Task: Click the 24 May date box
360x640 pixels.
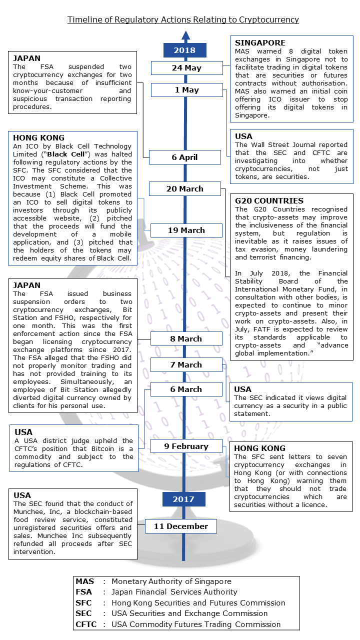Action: coord(186,68)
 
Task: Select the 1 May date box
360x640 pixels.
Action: coord(186,90)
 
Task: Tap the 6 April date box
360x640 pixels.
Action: coord(184,157)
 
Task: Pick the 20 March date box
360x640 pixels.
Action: coord(184,189)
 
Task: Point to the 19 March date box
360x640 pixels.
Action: coord(186,230)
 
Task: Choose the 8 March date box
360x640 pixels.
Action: coord(186,339)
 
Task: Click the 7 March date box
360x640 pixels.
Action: coord(186,365)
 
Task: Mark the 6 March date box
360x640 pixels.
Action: coord(186,389)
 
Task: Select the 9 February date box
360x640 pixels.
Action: coord(186,446)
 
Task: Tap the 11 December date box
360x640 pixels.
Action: coord(180,526)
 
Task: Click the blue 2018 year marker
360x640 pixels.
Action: coord(184,50)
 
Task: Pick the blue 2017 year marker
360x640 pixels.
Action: coord(183,499)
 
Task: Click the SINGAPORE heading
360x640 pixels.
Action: coord(259,43)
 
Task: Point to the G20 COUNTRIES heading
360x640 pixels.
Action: coord(268,201)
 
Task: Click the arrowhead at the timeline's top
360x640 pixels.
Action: coord(185,35)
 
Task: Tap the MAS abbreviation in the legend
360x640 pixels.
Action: coord(84,581)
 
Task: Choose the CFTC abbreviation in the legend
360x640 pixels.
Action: coord(86,624)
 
